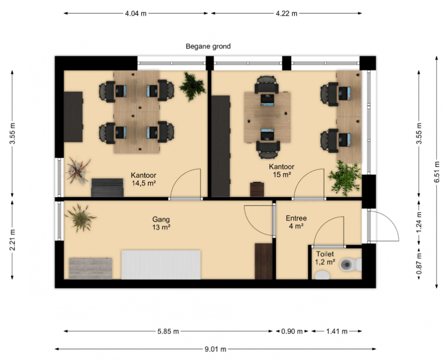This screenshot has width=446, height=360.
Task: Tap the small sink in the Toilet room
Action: (x=322, y=275)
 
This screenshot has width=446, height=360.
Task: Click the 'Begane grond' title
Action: (x=208, y=46)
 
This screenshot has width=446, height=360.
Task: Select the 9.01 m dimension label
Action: (x=215, y=349)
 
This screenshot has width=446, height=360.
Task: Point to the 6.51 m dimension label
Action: (x=437, y=172)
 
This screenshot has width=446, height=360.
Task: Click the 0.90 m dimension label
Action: (x=292, y=331)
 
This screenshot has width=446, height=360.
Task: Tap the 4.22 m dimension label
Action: (x=286, y=13)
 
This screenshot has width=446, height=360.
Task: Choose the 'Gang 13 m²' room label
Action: (x=161, y=223)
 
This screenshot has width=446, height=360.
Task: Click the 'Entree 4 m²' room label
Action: (x=296, y=222)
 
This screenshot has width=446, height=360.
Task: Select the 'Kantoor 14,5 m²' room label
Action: (x=143, y=179)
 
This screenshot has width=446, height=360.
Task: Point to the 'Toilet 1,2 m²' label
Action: (x=325, y=258)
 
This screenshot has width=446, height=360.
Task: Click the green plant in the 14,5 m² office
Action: (x=192, y=86)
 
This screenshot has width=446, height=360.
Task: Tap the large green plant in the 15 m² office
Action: (x=345, y=178)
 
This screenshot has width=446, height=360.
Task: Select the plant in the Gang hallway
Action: (x=80, y=218)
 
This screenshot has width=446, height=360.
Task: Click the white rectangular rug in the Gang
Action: (x=161, y=265)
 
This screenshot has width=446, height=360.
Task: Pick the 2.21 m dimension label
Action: (x=13, y=240)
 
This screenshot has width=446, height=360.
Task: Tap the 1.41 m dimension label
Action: (x=337, y=331)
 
